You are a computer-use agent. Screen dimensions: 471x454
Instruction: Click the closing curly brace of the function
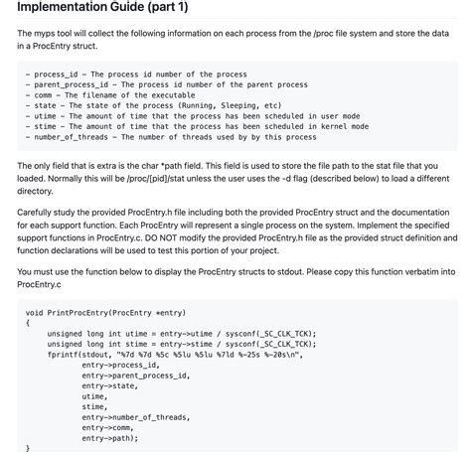[28, 448]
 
